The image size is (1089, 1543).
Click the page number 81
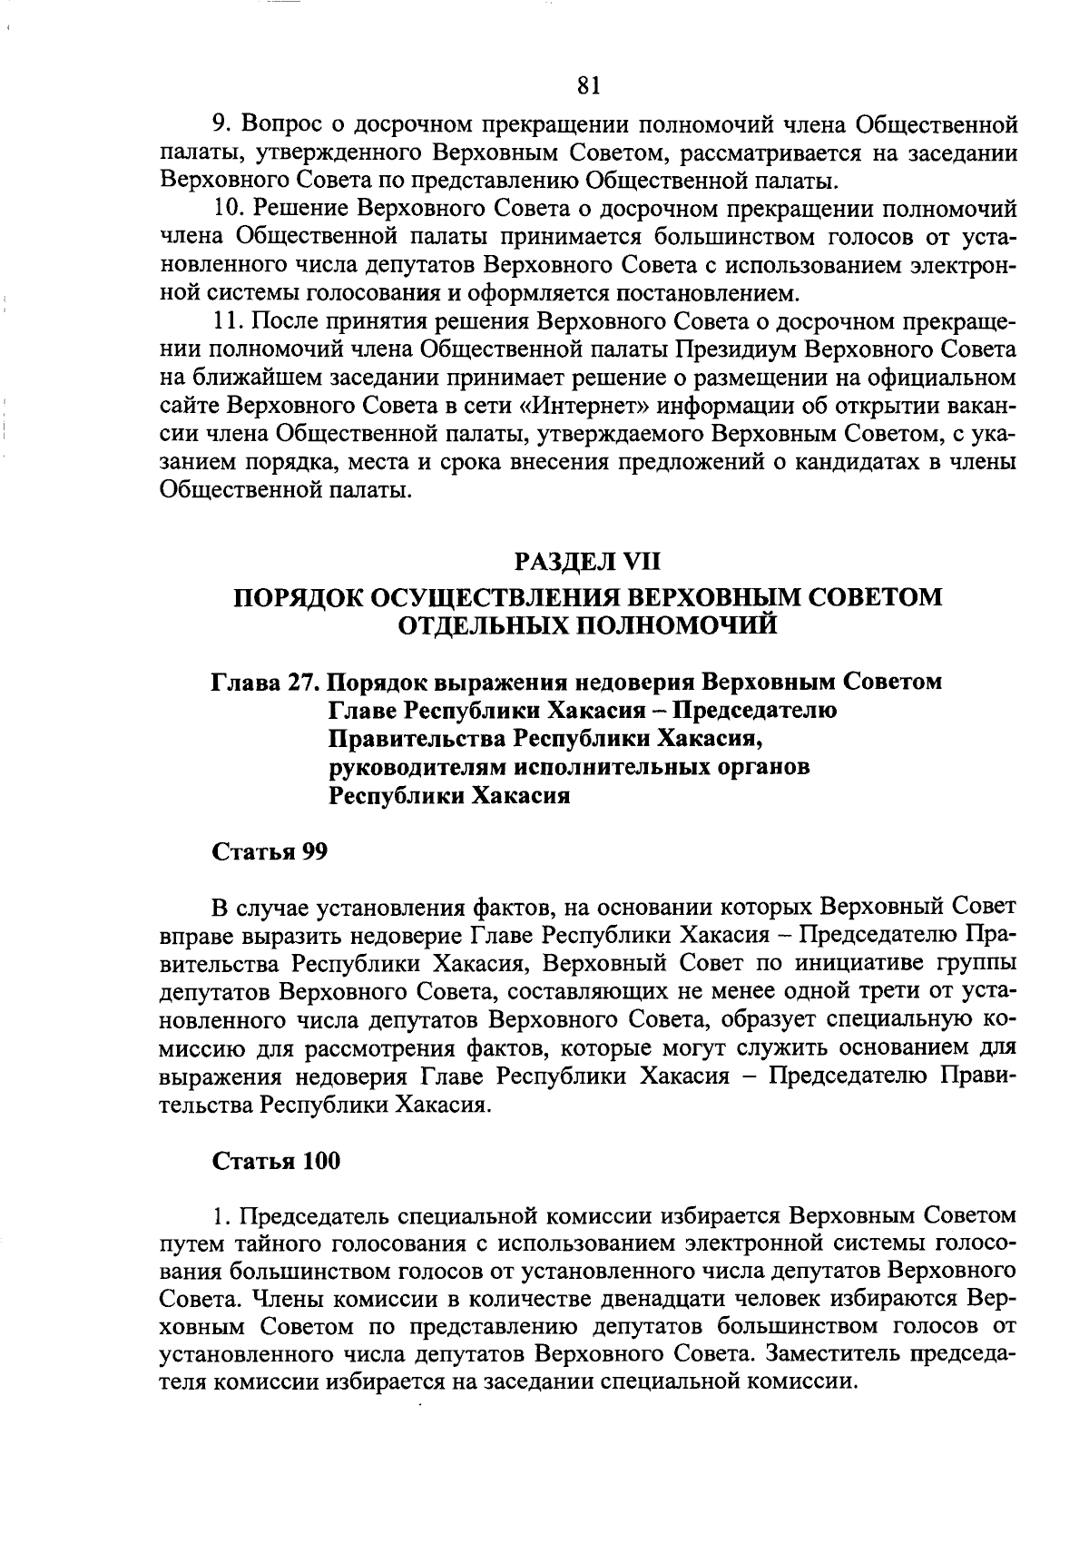pyautogui.click(x=588, y=85)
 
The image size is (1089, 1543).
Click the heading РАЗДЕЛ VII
pyautogui.click(x=588, y=563)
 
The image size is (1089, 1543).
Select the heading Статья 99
pyautogui.click(x=270, y=852)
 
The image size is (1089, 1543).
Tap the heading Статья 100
pyautogui.click(x=276, y=1161)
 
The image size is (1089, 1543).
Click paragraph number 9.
pyautogui.click(x=219, y=123)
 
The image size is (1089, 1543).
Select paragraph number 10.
pyautogui.click(x=224, y=210)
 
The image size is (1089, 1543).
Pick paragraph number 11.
pyautogui.click(x=224, y=322)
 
